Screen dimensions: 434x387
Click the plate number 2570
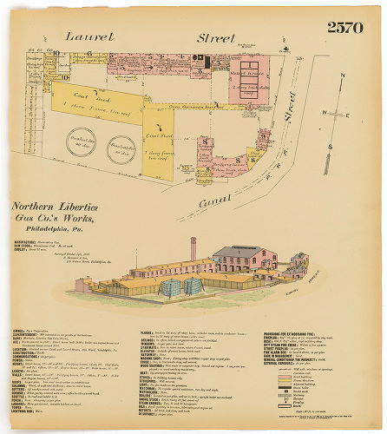(x=344, y=27)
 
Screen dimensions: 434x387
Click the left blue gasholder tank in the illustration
(x=168, y=286)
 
